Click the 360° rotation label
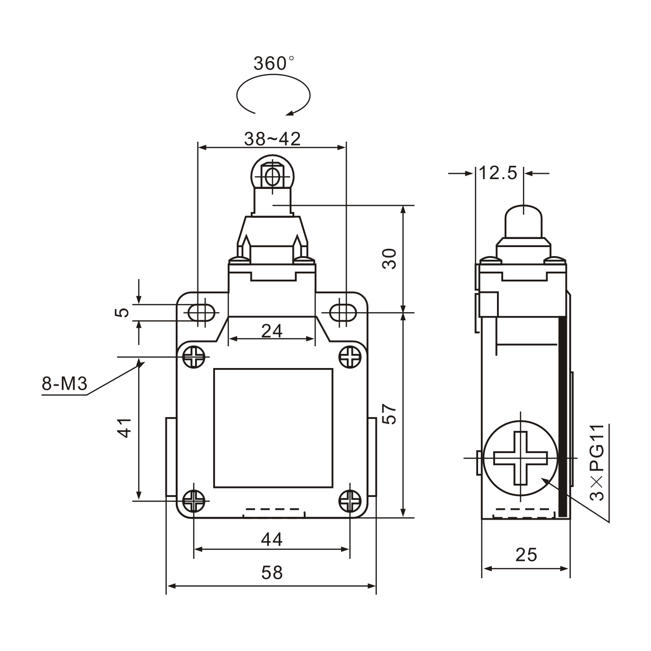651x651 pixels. tap(273, 63)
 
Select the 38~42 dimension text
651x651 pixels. tap(272, 139)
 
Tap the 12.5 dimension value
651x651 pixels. tap(498, 173)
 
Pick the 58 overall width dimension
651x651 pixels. tap(272, 573)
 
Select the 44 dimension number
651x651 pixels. tap(272, 539)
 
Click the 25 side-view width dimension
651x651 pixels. tap(526, 555)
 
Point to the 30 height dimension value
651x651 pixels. tap(389, 258)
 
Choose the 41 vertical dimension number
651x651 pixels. tap(125, 428)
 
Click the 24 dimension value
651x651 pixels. tap(272, 331)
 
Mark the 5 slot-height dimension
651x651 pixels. tap(122, 312)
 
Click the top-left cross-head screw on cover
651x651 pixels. tap(194, 357)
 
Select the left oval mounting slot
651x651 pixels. tap(201, 312)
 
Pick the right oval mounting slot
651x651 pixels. tap(343, 312)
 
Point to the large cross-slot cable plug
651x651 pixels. tap(520, 458)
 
